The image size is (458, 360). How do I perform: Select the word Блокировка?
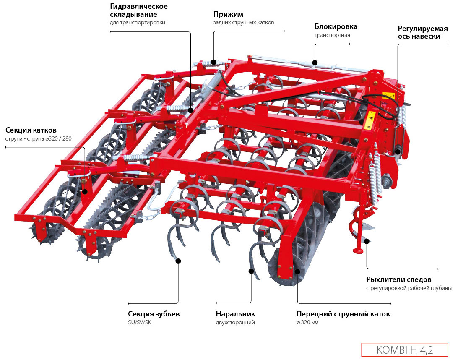click(336, 27)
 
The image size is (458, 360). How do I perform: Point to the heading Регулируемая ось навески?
click(422, 32)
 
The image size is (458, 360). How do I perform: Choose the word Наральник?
click(235, 314)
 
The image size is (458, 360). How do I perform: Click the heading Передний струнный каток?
click(343, 314)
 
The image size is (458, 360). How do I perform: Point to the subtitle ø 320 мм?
click(307, 323)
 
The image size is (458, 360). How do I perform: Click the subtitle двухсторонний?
click(235, 323)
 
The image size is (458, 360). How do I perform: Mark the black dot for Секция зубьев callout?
click(178, 261)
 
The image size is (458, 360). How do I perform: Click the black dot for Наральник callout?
click(251, 271)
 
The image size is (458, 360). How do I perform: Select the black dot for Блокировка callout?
click(315, 63)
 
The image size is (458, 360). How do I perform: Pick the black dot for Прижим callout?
click(213, 62)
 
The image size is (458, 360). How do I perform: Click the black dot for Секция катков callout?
click(85, 191)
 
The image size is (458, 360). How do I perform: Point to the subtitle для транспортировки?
click(137, 23)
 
